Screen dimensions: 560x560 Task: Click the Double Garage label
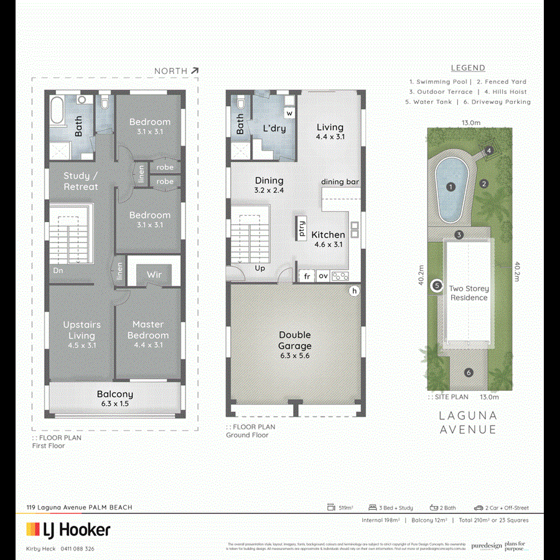295,340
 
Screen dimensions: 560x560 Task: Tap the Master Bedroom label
148,330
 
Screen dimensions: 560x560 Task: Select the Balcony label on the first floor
115,394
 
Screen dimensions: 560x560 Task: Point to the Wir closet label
154,274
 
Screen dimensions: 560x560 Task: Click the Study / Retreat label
81,181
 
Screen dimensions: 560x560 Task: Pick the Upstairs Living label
82,330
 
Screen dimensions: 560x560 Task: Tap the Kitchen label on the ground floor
328,235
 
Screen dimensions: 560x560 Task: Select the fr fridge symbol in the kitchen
307,276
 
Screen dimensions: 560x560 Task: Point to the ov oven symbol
323,276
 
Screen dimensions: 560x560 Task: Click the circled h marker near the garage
355,291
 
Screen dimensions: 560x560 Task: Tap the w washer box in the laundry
289,113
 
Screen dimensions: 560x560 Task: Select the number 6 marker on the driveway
469,373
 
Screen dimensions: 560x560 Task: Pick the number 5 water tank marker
437,285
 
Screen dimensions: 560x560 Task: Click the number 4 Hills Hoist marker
489,150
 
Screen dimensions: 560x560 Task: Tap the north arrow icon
195,71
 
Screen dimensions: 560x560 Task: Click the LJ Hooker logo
68,530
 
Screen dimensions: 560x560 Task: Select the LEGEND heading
468,68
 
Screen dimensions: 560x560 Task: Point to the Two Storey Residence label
469,293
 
